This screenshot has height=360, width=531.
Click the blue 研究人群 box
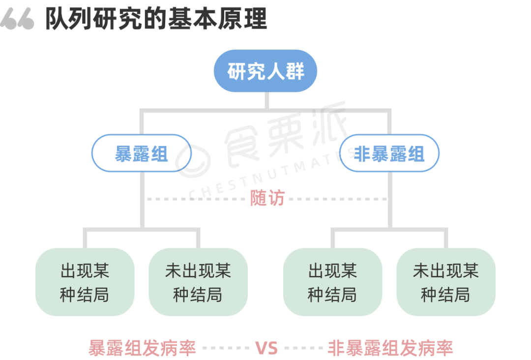coord(265,71)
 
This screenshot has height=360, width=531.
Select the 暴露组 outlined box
coord(141,153)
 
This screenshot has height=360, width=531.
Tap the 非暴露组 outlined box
coord(389,153)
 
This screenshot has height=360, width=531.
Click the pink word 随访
coord(267,198)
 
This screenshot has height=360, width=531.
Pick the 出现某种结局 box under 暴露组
coord(85,282)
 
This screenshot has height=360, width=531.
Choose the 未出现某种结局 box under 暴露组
coord(198,282)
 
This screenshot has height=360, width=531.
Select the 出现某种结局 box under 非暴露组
coord(332,282)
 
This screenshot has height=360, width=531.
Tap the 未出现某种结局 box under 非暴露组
coord(446,282)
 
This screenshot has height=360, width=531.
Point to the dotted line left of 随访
coord(197,199)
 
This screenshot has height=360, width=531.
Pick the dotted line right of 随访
coord(337,199)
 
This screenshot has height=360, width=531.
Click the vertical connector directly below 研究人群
coord(266,100)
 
